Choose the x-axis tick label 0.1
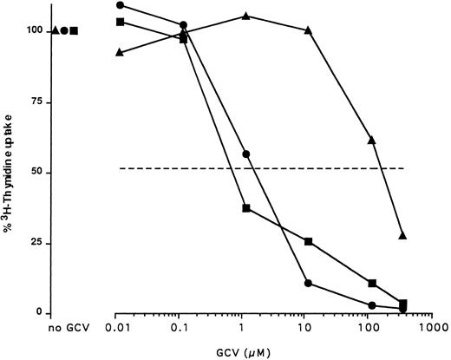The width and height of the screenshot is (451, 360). pos(183,330)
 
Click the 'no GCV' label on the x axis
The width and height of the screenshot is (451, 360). pos(65,330)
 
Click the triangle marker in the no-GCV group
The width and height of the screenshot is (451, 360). pos(56,31)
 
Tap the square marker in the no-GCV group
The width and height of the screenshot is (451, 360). pos(75,31)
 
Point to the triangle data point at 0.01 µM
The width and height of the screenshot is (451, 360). pos(120,52)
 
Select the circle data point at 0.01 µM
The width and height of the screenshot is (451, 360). pos(120,5)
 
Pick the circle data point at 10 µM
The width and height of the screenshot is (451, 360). pos(309,283)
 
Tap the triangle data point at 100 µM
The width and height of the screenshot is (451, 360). pos(372,140)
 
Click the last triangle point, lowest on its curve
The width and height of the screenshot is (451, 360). pos(403,235)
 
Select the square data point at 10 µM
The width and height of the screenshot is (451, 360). pos(309,241)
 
